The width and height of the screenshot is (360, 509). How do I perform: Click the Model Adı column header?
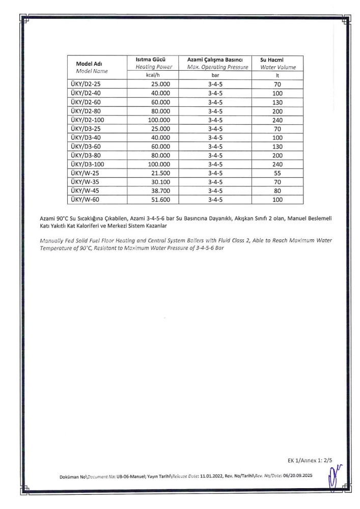pos(92,64)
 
